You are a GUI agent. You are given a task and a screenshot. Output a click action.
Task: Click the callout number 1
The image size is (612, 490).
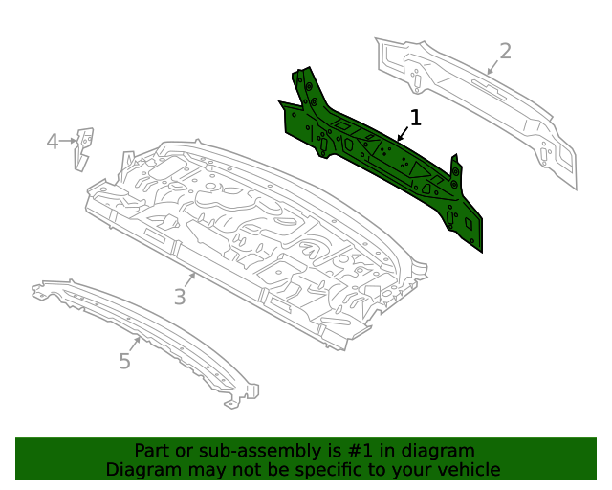[x=415, y=118]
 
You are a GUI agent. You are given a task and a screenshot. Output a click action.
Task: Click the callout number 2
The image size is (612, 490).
[x=505, y=51]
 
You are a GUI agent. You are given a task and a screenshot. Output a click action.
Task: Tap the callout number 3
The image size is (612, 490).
[x=180, y=297]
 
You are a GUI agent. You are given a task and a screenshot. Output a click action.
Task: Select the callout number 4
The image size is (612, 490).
[x=53, y=143]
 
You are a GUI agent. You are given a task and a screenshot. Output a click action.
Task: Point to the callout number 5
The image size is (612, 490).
[x=124, y=361]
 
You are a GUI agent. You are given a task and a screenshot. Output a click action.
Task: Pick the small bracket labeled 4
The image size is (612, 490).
[x=83, y=147]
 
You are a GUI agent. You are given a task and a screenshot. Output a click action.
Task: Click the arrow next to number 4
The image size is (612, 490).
[x=69, y=142]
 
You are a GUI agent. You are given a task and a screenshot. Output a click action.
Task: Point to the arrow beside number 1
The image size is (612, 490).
[x=404, y=133]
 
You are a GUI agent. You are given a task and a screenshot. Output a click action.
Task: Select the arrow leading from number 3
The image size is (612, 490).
[x=190, y=281]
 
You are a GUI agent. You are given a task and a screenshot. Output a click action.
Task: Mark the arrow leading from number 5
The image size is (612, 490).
[x=136, y=345]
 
